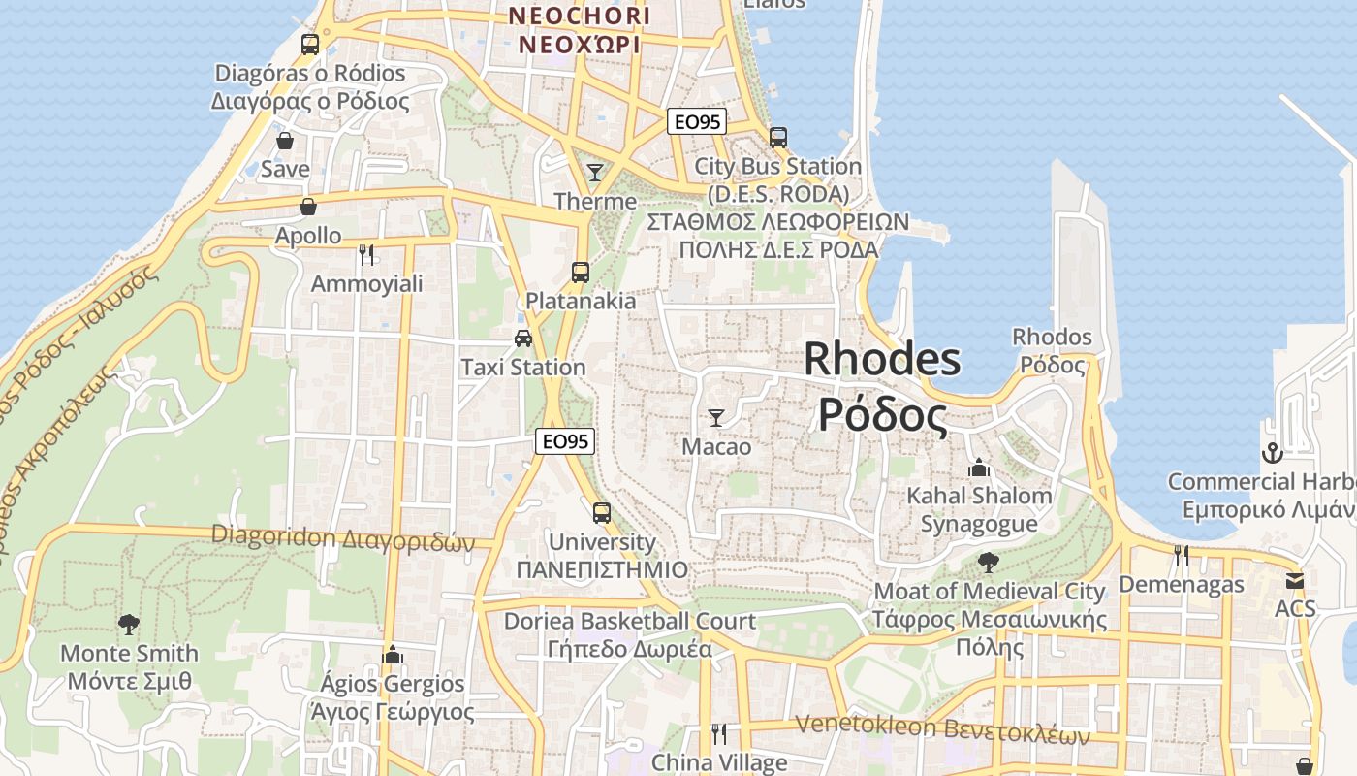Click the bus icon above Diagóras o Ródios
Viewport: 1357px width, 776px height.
[310, 44]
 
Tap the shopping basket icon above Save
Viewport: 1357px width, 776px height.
[285, 141]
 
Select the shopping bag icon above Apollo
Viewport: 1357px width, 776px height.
[308, 207]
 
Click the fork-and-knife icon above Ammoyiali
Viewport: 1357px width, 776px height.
[366, 255]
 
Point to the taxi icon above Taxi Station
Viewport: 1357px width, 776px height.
[523, 338]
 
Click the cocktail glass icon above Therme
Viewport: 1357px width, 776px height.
[595, 173]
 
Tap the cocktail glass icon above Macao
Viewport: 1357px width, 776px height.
[716, 418]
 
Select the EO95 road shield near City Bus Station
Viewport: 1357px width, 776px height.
[697, 121]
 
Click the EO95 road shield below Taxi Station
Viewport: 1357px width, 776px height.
[565, 441]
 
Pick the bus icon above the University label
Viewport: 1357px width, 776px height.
[602, 512]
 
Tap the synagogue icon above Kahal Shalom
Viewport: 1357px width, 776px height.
[979, 468]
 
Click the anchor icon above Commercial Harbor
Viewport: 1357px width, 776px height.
[1272, 452]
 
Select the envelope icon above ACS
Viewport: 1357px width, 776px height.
[1295, 581]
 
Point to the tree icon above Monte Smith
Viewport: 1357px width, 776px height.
[128, 624]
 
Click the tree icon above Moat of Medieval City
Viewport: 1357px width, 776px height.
[989, 562]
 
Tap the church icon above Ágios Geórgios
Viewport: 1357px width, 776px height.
[393, 655]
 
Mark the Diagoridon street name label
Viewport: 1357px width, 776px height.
[343, 537]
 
